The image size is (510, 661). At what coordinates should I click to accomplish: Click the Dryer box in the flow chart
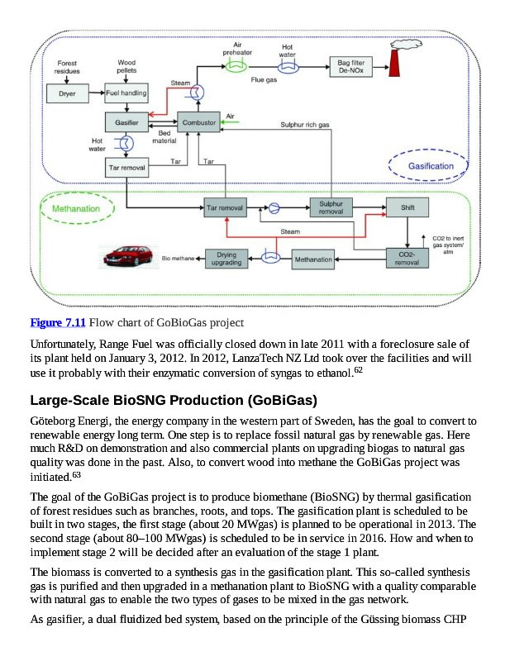67,94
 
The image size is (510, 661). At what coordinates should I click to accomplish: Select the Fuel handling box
126,93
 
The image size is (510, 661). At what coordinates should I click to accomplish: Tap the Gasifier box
126,122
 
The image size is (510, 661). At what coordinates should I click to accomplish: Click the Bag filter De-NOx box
350,67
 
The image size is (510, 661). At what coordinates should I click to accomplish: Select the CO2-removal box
407,258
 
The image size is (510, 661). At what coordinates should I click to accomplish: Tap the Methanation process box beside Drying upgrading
313,259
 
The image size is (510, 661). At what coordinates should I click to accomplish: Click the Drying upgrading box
226,259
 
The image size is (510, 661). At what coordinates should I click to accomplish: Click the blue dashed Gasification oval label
431,166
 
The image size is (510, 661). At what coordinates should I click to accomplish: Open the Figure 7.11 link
58,321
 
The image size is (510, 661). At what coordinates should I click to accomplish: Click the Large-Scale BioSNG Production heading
174,401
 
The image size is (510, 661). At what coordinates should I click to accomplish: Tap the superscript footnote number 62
358,370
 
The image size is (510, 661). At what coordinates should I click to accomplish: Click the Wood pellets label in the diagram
126,66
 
